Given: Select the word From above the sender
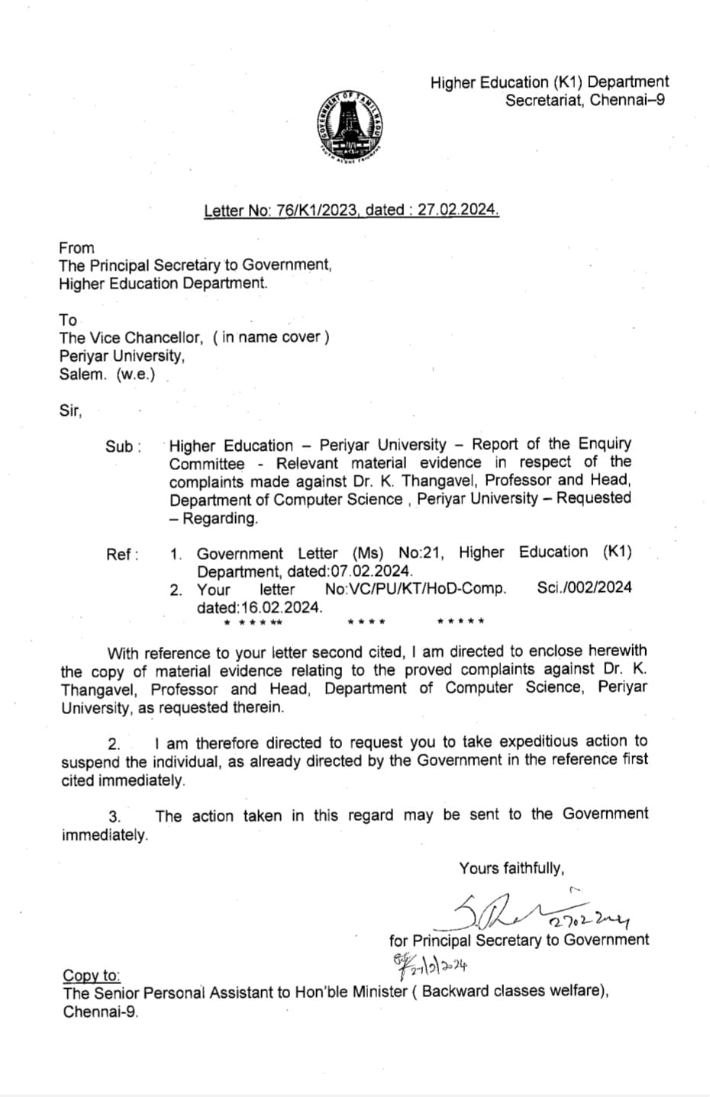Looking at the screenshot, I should [76, 248].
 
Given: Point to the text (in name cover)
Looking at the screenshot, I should [271, 336].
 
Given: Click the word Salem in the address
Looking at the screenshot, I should [83, 375].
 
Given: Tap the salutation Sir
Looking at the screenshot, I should [70, 410].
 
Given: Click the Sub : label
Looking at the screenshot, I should [123, 447].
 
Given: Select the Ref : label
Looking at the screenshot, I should [122, 555].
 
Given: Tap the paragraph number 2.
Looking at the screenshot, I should [114, 744].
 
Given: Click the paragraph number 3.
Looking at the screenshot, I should [114, 817].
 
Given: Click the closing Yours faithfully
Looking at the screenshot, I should [512, 868].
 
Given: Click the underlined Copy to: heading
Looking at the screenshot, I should [91, 976].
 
